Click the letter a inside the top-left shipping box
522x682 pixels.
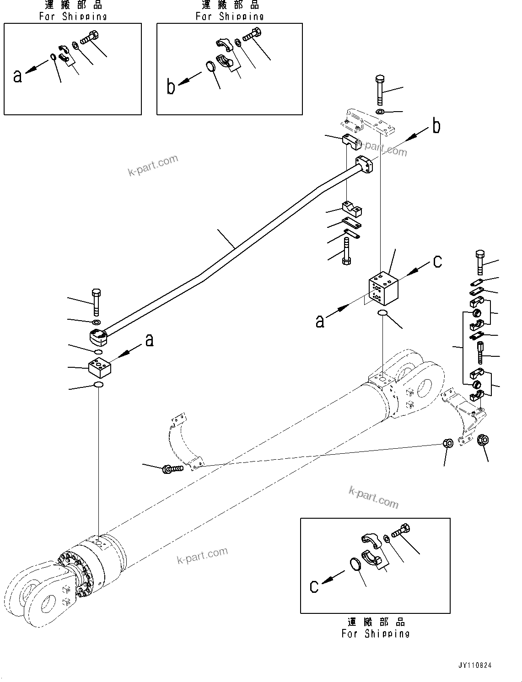click(x=17, y=76)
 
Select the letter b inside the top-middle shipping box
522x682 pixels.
click(x=171, y=86)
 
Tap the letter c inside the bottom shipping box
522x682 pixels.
click(x=314, y=586)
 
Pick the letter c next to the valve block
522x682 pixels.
click(x=437, y=261)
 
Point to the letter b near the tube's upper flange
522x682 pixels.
click(x=436, y=126)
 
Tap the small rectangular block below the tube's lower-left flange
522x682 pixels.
click(x=100, y=367)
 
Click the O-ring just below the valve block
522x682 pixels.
click(x=383, y=313)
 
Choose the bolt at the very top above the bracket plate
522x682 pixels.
click(x=379, y=89)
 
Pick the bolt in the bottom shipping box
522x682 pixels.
click(x=400, y=531)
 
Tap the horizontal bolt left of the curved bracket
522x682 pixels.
click(x=172, y=468)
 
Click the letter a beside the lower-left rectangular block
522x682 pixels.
click(x=149, y=340)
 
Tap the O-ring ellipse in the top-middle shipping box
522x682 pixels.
click(x=210, y=67)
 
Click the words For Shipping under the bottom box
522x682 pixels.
click(x=375, y=634)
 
